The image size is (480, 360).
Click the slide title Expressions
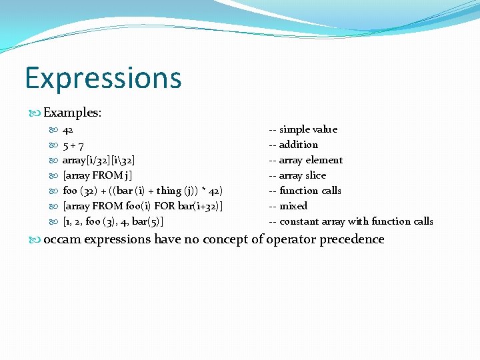point(103,78)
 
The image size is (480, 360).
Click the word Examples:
point(72,113)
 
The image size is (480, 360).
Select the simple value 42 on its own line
point(68,129)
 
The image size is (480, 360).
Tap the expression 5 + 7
point(73,145)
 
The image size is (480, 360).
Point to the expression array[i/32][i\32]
point(99,160)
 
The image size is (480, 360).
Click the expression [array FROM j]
point(97,175)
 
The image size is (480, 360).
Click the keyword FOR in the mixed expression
point(165,206)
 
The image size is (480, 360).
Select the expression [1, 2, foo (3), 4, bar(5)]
point(113,221)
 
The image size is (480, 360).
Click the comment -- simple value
point(303,129)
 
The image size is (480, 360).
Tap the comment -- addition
point(293,145)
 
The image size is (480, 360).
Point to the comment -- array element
point(305,160)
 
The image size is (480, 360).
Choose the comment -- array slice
point(297,175)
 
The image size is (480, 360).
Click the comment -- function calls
point(305,191)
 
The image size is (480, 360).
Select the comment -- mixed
point(288,206)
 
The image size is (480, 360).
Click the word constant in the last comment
point(300,221)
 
